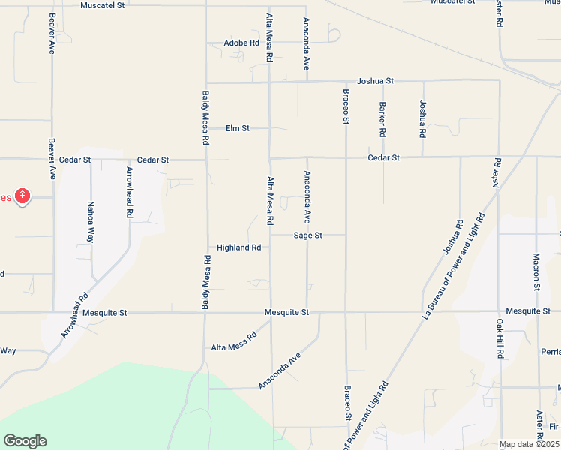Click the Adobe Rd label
(241, 43)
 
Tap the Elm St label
(237, 129)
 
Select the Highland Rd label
(238, 247)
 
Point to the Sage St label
(307, 235)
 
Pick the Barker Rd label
(382, 119)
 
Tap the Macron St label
(536, 271)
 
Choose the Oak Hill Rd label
(499, 337)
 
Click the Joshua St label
(375, 80)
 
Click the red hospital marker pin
(23, 196)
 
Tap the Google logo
(25, 441)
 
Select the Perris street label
(550, 351)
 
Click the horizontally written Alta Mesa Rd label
(233, 347)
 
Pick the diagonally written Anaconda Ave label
(279, 370)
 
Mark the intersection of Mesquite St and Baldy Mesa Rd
(206, 312)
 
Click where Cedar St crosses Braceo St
(346, 158)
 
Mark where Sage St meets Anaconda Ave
(307, 235)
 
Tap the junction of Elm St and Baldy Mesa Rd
(206, 129)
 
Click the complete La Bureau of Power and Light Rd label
(454, 266)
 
